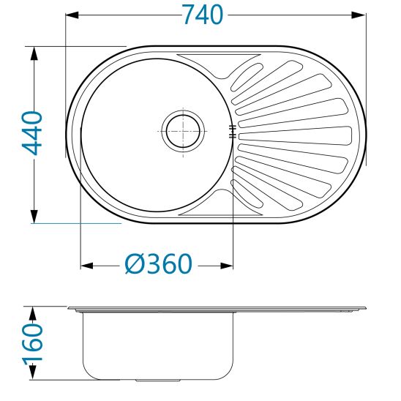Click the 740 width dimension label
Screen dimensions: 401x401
point(203,15)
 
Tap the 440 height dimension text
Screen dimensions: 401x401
point(32,133)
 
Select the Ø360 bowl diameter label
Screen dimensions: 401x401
point(158,264)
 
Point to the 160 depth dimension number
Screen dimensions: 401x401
point(32,342)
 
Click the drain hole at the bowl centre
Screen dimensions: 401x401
point(183,131)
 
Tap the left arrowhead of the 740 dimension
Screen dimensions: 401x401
point(72,15)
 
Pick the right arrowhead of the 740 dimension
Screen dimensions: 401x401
point(359,15)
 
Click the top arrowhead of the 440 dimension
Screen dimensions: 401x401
point(34,53)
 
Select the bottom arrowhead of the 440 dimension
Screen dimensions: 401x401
point(34,217)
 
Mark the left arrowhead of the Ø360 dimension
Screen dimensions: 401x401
point(86,266)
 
